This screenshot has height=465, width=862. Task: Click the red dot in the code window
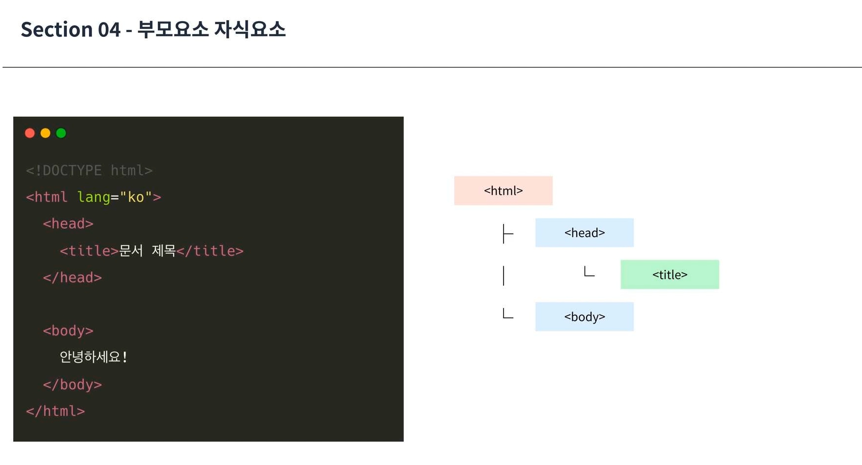coord(30,133)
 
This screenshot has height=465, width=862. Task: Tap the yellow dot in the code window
coord(45,133)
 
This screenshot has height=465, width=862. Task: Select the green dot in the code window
coord(61,133)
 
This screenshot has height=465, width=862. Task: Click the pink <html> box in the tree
coord(503,190)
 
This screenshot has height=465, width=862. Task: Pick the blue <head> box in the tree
coord(584,233)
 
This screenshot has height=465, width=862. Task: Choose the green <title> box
coord(670,275)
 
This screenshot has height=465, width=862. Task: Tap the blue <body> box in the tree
coord(584,317)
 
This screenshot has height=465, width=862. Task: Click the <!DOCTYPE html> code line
coord(89,170)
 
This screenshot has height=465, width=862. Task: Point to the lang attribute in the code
coord(93,197)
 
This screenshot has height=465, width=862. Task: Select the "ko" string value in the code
coord(136,197)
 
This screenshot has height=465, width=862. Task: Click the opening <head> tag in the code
coord(68,224)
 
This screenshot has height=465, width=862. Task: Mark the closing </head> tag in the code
coord(72,278)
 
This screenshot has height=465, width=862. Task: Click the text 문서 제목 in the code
coord(148,251)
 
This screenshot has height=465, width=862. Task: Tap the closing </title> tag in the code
coord(210,251)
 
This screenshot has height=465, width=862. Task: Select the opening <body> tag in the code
coord(68,331)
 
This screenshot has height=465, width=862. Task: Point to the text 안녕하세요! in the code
coord(93,357)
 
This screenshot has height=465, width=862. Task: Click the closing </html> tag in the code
coord(56,411)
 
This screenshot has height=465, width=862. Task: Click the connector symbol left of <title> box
coord(589,272)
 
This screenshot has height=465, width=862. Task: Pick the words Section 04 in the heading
coord(71,30)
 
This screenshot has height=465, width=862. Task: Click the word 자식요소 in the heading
coord(250,29)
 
